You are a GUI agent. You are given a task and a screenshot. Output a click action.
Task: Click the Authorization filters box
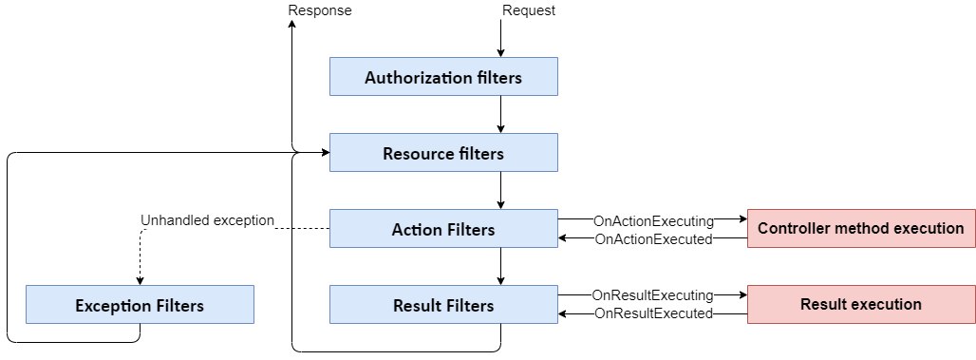443,77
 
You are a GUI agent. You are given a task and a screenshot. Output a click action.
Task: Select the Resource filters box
443,153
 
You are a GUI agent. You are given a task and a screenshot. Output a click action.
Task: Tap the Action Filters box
443,229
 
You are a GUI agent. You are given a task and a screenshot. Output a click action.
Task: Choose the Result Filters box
443,305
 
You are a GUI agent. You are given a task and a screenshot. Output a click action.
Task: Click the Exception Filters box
140,305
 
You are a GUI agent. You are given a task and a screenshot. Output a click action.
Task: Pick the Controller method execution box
860,228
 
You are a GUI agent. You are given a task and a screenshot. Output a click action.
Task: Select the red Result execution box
860,304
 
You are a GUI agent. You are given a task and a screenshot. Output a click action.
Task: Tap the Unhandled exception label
207,220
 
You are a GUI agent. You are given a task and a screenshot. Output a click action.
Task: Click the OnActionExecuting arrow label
652,220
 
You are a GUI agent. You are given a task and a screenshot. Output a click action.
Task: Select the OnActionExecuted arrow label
652,239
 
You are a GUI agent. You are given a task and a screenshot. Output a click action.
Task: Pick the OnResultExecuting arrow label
652,295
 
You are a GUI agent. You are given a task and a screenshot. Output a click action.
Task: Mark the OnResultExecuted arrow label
652,313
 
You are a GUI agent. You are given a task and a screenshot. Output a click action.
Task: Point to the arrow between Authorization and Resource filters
500,115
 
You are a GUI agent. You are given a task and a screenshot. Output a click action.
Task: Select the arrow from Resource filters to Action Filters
500,191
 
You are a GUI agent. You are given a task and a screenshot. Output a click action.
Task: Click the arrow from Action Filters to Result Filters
500,267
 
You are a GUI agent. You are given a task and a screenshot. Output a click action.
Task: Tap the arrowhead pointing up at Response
291,27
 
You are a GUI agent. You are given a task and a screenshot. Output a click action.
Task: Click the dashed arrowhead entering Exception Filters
140,279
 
